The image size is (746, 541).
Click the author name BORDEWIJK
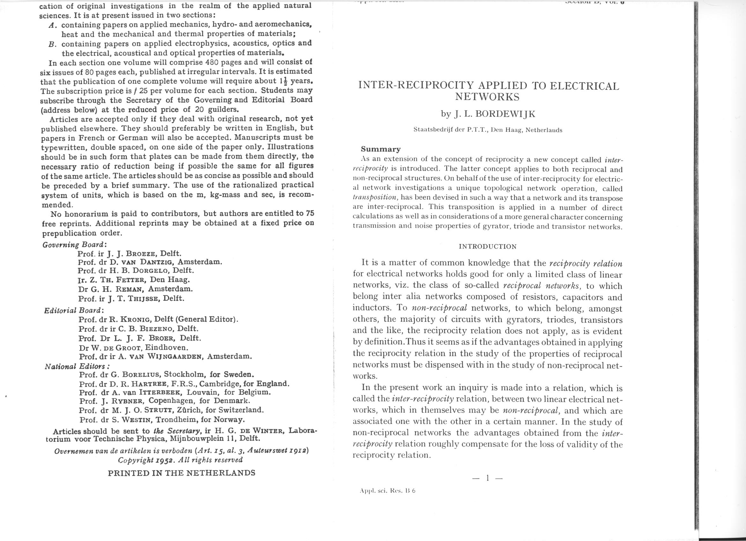[506, 114]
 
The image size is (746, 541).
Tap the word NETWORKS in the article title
[487, 97]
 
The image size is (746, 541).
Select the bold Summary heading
[381, 149]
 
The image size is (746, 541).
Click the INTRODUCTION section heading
[488, 247]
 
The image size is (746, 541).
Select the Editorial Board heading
[74, 310]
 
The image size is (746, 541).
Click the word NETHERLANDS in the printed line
[220, 473]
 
